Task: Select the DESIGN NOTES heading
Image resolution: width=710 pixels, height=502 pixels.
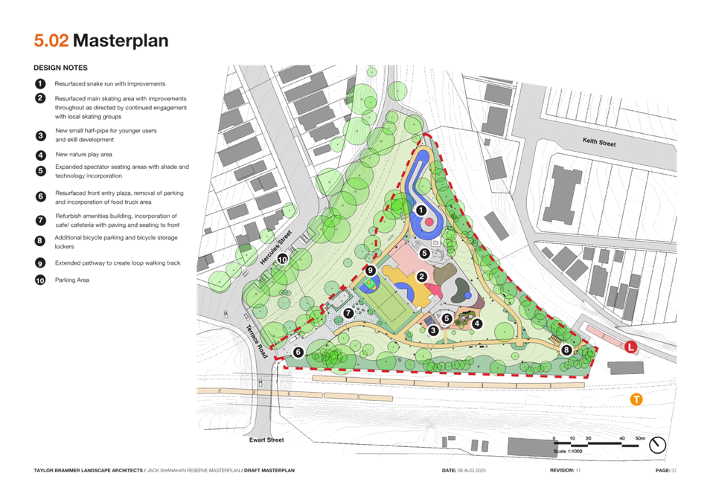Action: click(61, 68)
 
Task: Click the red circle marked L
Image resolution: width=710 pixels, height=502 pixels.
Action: click(630, 347)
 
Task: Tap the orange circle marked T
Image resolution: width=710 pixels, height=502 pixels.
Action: click(636, 399)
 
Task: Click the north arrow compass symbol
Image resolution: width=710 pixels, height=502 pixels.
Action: click(657, 445)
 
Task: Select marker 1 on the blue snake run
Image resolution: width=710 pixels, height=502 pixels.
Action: click(421, 210)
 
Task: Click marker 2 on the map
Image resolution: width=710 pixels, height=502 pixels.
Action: click(421, 277)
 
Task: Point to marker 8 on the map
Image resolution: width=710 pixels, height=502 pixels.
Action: click(567, 349)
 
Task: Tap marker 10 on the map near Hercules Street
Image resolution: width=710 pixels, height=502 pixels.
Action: click(282, 259)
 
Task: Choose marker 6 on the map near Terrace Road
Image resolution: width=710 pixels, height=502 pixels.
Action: click(298, 352)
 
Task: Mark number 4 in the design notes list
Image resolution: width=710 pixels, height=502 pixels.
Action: click(40, 155)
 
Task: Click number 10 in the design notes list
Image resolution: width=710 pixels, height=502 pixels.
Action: click(40, 281)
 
